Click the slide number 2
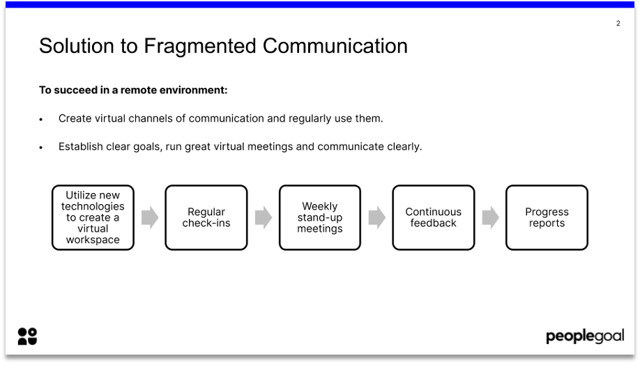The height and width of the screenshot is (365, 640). [x=618, y=24]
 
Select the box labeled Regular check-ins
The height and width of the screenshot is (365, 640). [x=206, y=217]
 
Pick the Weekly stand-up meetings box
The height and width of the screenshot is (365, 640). [x=320, y=217]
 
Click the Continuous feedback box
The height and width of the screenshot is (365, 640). [x=433, y=217]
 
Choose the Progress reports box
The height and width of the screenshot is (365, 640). [x=547, y=217]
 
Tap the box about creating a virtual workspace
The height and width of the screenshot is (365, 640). [x=93, y=217]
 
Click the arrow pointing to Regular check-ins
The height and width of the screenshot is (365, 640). [x=149, y=217]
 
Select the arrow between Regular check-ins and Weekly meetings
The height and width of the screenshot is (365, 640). [x=263, y=217]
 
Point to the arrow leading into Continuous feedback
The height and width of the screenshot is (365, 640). [x=376, y=217]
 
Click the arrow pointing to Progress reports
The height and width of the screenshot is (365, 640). [x=490, y=217]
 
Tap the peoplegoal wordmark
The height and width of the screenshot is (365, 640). [x=584, y=337]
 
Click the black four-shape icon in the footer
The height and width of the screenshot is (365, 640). [x=27, y=336]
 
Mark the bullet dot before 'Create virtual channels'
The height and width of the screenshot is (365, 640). [x=41, y=120]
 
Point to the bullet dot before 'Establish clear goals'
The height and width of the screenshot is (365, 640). [x=41, y=148]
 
